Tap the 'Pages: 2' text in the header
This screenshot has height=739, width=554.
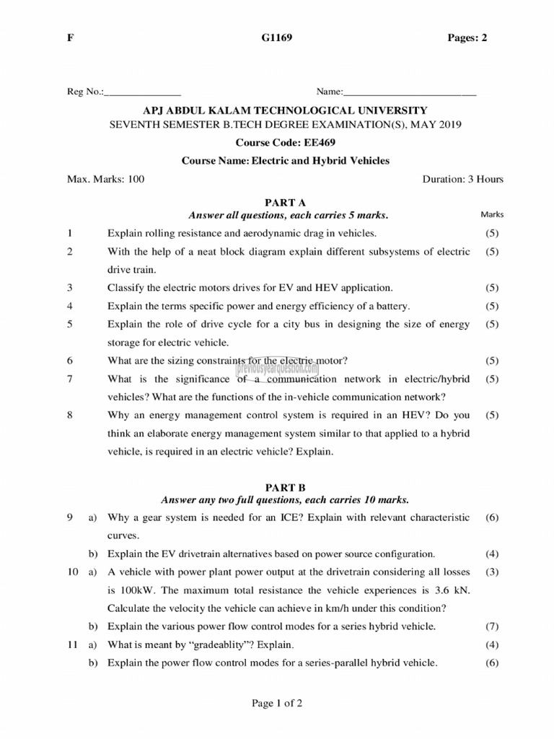tap(467, 38)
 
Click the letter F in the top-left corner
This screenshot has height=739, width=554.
tap(70, 38)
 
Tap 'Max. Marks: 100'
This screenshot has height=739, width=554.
tap(105, 179)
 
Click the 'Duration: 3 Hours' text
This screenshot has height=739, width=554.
tap(462, 179)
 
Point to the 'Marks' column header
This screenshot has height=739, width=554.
tap(492, 214)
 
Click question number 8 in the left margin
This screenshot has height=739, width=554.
tap(70, 415)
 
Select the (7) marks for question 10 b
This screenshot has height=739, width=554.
tap(492, 626)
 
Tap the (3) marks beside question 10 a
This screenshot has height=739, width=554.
tap(492, 572)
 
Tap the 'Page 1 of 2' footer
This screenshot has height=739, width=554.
tap(276, 704)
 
